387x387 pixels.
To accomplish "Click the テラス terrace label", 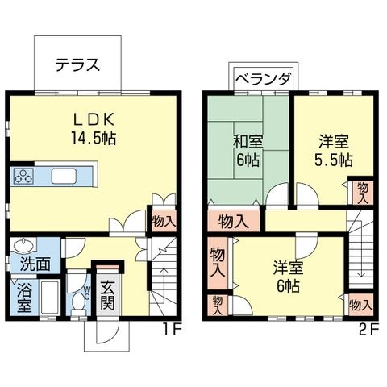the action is [77, 64].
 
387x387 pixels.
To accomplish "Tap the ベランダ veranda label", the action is [264, 79].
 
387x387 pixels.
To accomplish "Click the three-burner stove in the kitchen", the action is [23, 177].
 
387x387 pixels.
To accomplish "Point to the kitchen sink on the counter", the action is [64, 177].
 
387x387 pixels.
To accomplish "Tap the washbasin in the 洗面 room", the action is [23, 245].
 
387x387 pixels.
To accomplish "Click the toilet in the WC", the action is [79, 302].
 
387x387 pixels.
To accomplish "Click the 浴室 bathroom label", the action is [25, 297].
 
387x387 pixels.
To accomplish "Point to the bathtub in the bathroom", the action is [50, 298].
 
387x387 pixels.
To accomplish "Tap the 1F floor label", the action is [172, 329].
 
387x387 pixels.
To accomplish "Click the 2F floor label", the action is [368, 329].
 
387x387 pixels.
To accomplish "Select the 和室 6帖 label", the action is [248, 151].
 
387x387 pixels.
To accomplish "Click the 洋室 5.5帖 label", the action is [334, 151].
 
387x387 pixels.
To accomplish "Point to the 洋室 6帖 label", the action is [288, 277].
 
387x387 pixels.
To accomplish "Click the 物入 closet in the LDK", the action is [164, 222].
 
